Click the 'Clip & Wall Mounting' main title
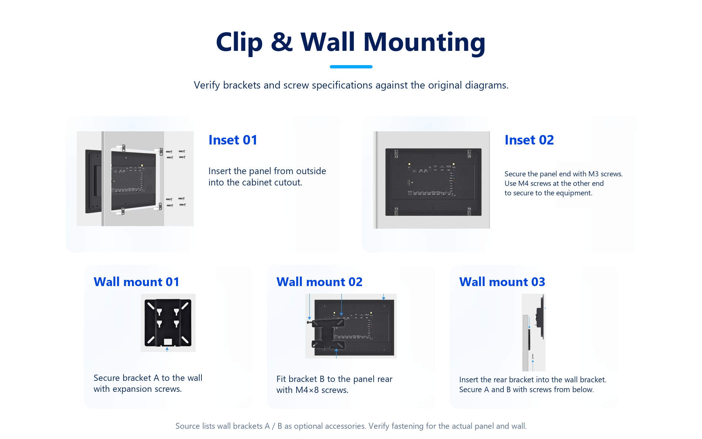pos(351,42)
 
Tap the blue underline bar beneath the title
pos(351,67)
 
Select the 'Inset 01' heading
pos(233,140)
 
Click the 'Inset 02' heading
pos(529,140)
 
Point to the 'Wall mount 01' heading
pos(136,282)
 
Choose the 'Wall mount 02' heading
pos(319,282)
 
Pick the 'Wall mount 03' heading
pos(502,282)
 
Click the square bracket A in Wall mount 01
pos(168,322)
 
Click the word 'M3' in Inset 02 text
pos(593,174)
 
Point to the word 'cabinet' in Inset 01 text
pos(256,183)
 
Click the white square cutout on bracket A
pos(168,342)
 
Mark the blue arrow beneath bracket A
pos(167,349)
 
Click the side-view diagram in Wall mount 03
pos(533,332)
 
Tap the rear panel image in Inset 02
pos(433,182)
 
